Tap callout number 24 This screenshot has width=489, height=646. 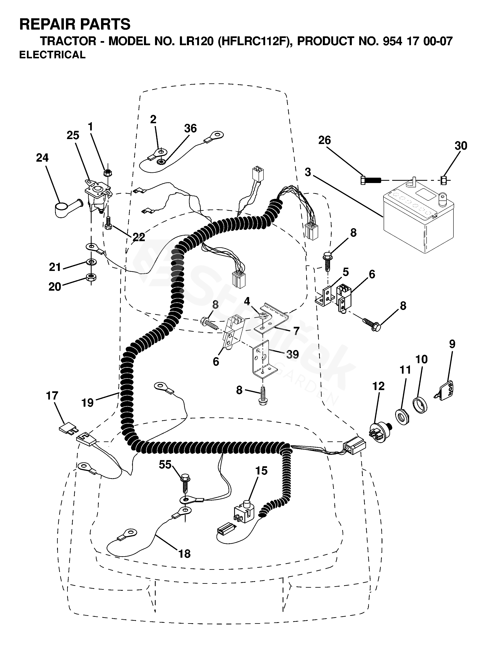(42, 158)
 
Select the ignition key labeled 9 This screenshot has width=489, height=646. (446, 389)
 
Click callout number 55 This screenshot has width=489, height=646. (165, 464)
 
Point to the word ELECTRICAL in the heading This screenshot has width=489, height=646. (53, 55)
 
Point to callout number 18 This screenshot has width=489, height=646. (184, 553)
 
